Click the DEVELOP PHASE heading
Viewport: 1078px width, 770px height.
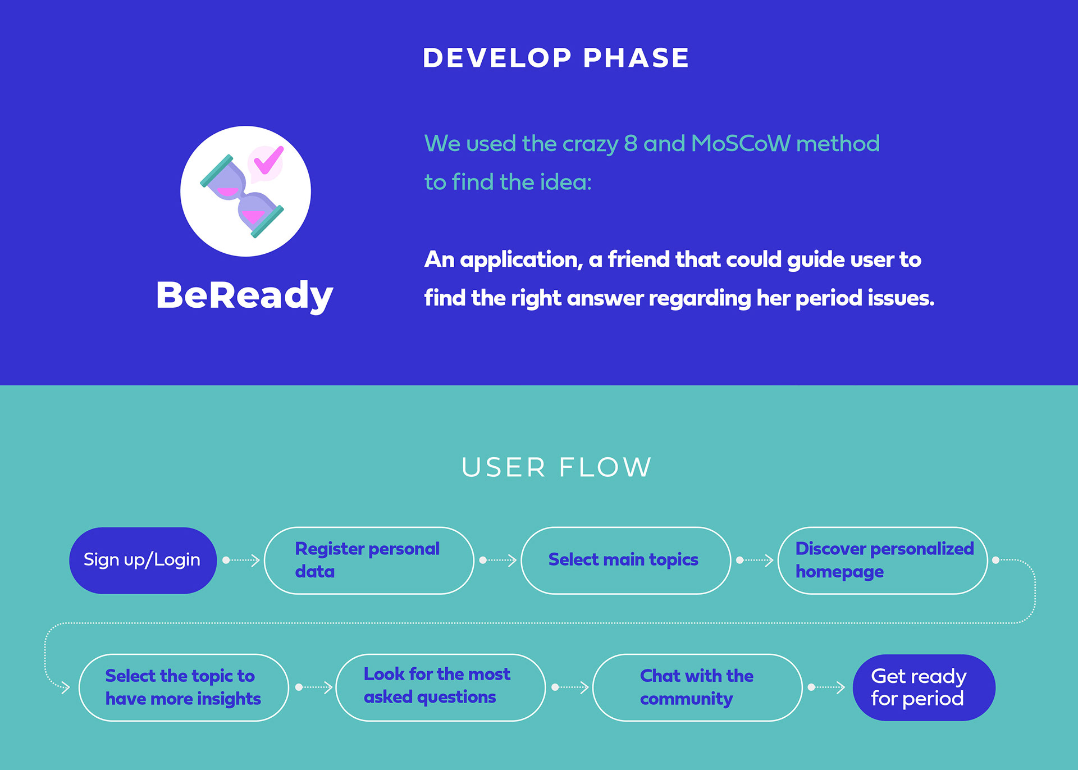point(556,58)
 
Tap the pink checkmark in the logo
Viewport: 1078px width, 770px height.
point(268,160)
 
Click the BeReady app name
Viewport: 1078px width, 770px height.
point(245,295)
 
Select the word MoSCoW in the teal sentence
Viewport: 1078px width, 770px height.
point(741,144)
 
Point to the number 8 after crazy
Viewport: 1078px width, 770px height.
point(631,144)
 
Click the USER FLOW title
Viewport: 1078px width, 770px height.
point(556,467)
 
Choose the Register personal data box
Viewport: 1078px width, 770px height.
point(369,560)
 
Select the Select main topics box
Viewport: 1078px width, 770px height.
point(625,560)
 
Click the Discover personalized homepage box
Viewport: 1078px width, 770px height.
point(883,560)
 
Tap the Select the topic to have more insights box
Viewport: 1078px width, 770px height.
point(184,687)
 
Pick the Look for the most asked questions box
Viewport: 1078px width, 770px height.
point(440,687)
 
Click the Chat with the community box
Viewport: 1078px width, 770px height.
point(697,687)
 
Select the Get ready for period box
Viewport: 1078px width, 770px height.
point(924,687)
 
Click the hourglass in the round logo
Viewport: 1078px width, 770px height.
point(242,196)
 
